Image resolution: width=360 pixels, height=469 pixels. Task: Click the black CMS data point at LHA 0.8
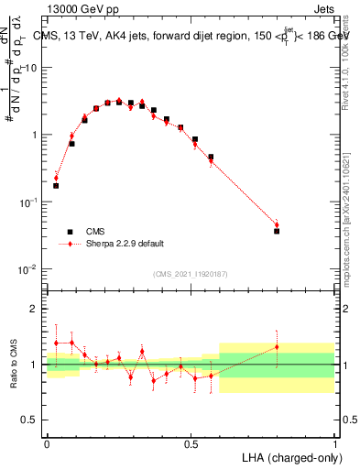(278, 231)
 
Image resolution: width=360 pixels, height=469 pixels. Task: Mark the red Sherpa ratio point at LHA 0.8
(278, 346)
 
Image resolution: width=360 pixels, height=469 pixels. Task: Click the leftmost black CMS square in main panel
(56, 186)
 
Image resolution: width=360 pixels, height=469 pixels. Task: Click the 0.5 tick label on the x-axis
(191, 441)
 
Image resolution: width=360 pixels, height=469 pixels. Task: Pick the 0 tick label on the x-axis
(47, 441)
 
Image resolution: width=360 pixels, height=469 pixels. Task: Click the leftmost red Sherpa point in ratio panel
(56, 343)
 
